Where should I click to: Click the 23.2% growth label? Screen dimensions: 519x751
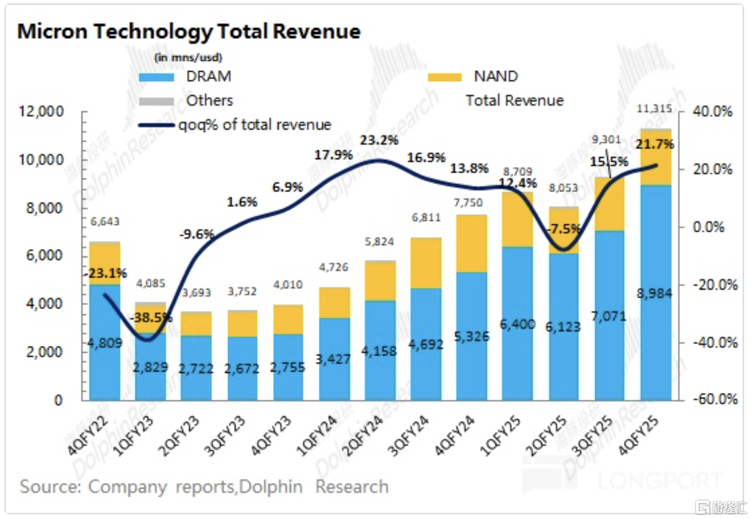tap(378, 140)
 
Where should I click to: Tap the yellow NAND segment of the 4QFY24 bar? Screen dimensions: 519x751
tap(471, 243)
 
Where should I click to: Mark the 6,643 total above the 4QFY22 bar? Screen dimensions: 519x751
tap(105, 222)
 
